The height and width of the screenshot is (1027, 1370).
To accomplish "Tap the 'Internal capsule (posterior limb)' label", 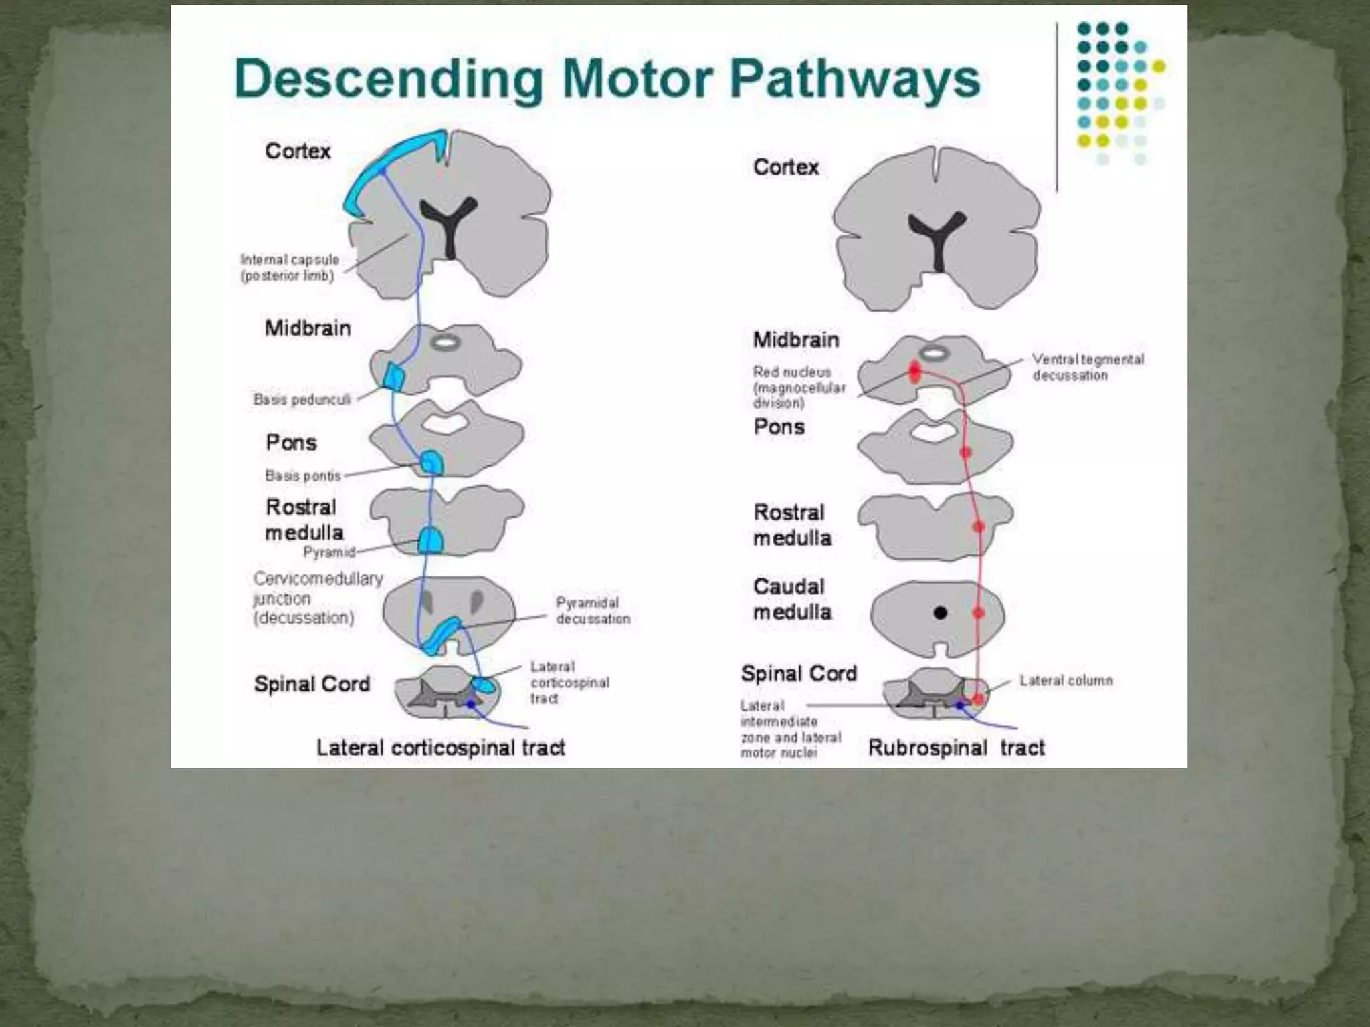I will pyautogui.click(x=290, y=267).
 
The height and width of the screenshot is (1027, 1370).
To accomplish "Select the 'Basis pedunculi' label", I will pyautogui.click(x=302, y=400).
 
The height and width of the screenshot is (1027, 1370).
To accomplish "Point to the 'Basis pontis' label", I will pyautogui.click(x=303, y=476).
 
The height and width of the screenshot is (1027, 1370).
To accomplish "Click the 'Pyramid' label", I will pyautogui.click(x=328, y=552).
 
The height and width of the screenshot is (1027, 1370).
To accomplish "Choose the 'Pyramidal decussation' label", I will pyautogui.click(x=593, y=611).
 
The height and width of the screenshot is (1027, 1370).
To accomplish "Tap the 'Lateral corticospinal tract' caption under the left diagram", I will pyautogui.click(x=441, y=748).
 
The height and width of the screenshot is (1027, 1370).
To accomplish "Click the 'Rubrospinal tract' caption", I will pyautogui.click(x=956, y=748).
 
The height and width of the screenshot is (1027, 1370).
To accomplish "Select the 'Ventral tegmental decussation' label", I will pyautogui.click(x=1088, y=368).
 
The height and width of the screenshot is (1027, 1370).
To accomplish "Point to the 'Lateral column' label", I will pyautogui.click(x=1066, y=681).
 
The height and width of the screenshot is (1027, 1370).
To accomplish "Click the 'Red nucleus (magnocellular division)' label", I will pyautogui.click(x=799, y=387).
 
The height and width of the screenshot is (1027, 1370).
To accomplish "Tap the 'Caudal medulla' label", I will pyautogui.click(x=792, y=599).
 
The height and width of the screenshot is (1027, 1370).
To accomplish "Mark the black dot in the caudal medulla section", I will pyautogui.click(x=940, y=612).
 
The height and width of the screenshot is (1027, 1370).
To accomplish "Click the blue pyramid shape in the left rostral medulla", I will pyautogui.click(x=430, y=540).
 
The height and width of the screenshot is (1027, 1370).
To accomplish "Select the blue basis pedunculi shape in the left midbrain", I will pyautogui.click(x=393, y=376).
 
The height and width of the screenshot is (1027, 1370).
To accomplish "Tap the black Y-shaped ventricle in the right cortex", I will pyautogui.click(x=937, y=238).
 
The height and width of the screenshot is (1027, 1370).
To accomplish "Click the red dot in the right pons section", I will pyautogui.click(x=965, y=453).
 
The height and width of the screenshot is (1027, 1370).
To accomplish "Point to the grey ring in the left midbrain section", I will pyautogui.click(x=445, y=343).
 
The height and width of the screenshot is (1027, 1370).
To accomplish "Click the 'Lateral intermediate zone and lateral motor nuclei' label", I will pyautogui.click(x=789, y=729).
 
